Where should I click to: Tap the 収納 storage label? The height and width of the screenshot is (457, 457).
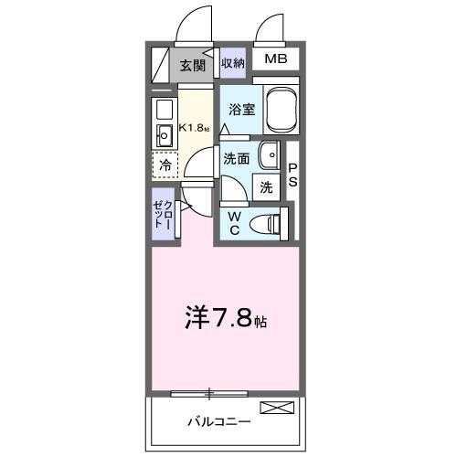(232, 63)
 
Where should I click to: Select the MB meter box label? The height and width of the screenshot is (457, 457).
(275, 61)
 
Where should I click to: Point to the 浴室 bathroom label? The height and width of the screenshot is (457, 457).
(241, 108)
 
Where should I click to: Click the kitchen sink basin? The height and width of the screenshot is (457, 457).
(166, 137)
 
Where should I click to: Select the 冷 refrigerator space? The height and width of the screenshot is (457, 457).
(165, 165)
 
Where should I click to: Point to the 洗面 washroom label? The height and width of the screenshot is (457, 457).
(237, 157)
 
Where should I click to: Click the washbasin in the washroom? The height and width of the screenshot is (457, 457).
(271, 154)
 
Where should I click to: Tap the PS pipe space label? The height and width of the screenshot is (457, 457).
(293, 175)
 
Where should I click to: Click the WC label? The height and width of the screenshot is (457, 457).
(233, 222)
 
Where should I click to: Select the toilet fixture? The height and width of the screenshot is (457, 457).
(268, 222)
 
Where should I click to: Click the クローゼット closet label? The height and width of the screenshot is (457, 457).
(163, 214)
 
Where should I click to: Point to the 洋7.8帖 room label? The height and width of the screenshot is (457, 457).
(228, 320)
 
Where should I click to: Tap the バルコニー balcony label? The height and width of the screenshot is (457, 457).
(219, 422)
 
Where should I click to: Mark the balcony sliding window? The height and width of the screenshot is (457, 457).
(210, 394)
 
